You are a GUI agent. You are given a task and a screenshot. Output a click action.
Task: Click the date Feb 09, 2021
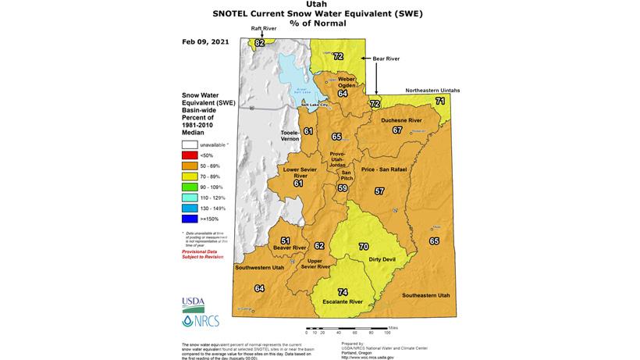tap(206, 41)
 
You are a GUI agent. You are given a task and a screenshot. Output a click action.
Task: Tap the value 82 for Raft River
tap(260, 42)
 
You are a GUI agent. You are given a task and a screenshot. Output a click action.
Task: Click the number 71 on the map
tap(440, 102)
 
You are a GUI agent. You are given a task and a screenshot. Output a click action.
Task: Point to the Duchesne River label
tap(401, 121)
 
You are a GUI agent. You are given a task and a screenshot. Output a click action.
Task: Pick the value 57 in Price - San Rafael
tap(379, 191)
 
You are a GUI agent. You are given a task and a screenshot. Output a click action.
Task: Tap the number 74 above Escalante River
tap(343, 291)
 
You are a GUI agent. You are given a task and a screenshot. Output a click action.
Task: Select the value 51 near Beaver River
tap(286, 241)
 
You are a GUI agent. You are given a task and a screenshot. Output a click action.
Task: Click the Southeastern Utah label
tap(426, 296)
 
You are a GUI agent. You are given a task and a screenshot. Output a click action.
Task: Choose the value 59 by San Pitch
tap(342, 187)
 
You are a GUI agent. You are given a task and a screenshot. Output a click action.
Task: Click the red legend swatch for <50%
tap(190, 155)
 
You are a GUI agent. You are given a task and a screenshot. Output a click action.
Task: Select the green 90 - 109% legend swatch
tap(190, 187)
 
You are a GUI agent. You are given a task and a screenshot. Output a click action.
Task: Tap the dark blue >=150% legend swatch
tap(190, 220)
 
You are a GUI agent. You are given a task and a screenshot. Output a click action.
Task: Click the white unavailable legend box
tap(190, 144)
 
